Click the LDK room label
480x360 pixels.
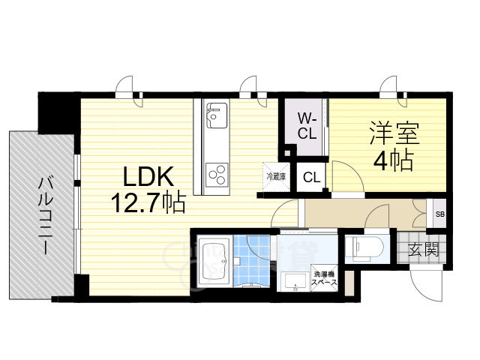pos(150,178)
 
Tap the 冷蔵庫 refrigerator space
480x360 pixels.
pos(273,177)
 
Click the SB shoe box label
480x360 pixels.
pos(439,214)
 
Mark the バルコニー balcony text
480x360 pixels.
pos(43,216)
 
